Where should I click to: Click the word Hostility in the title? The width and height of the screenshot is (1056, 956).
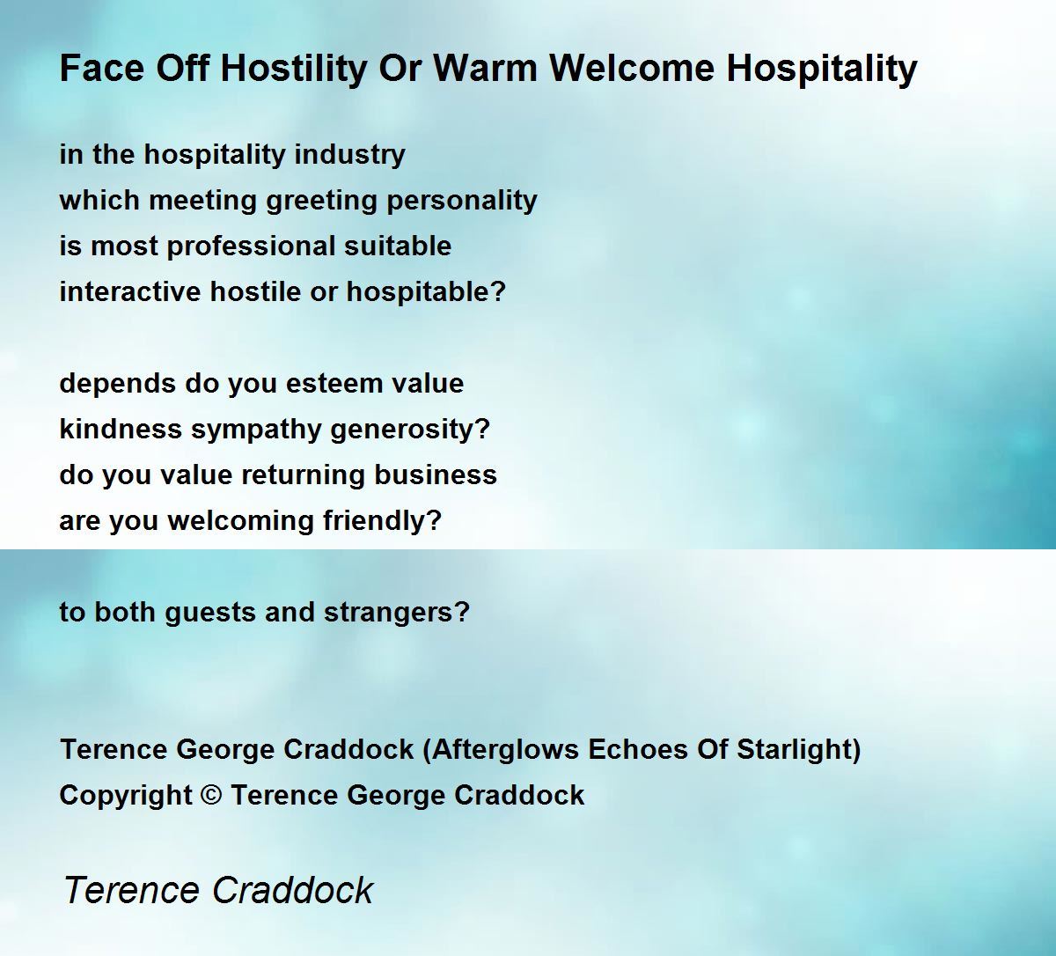pyautogui.click(x=294, y=69)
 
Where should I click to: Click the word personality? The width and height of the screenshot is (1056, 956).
pyautogui.click(x=462, y=202)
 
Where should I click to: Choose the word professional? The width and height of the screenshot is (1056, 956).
pyautogui.click(x=251, y=247)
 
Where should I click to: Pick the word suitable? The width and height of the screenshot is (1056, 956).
pyautogui.click(x=398, y=246)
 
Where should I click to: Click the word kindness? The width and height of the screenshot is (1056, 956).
pyautogui.click(x=121, y=430)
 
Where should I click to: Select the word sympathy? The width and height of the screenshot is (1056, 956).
pyautogui.click(x=256, y=430)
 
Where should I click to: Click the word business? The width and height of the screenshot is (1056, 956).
pyautogui.click(x=436, y=475)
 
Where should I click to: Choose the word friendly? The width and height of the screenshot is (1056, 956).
pyautogui.click(x=382, y=522)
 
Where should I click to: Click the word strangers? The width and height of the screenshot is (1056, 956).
pyautogui.click(x=396, y=614)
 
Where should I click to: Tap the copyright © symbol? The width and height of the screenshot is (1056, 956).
pyautogui.click(x=211, y=796)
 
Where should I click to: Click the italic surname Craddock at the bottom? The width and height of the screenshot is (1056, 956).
pyautogui.click(x=293, y=891)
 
